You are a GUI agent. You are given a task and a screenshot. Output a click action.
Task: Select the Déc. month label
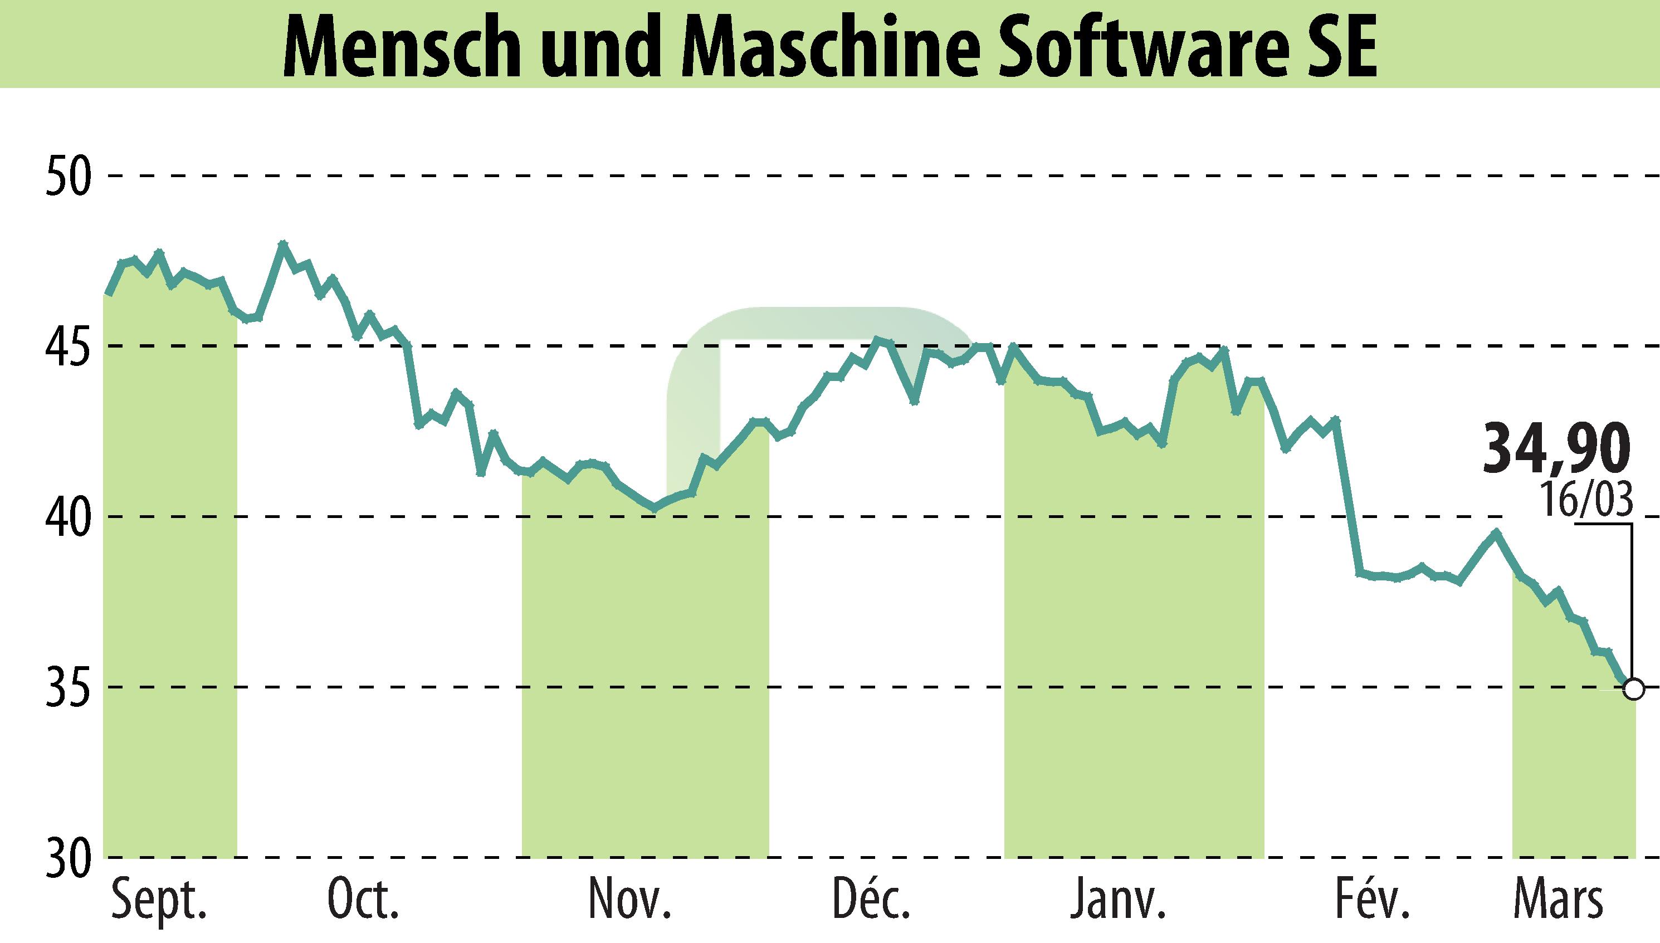871,899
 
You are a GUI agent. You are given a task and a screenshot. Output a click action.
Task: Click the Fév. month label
1372,899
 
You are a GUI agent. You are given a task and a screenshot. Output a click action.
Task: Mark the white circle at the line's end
1633,689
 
